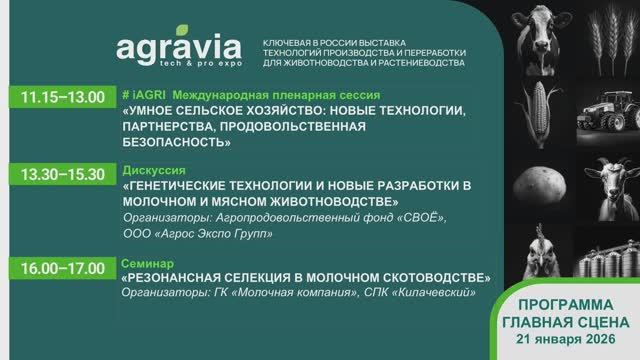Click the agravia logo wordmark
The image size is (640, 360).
(179, 48)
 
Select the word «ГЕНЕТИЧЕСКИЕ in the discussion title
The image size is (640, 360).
(181, 187)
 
